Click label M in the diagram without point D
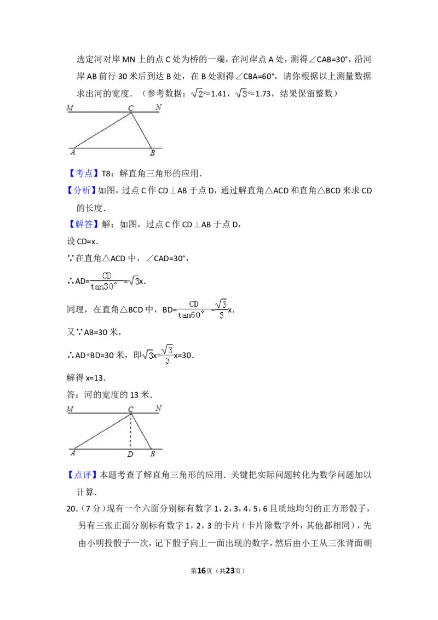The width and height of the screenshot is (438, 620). pyautogui.click(x=70, y=107)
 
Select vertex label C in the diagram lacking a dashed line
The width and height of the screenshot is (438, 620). pyautogui.click(x=131, y=108)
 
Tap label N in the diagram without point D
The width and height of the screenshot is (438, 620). pyautogui.click(x=158, y=107)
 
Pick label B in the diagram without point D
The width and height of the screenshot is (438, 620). pyautogui.click(x=152, y=153)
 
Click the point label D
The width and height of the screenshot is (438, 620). pyautogui.click(x=130, y=455)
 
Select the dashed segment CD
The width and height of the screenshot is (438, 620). pyautogui.click(x=131, y=432)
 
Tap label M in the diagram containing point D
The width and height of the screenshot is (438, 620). pyautogui.click(x=70, y=409)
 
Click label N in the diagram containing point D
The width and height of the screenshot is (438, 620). pyautogui.click(x=158, y=408)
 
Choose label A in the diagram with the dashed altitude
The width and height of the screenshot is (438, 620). pyautogui.click(x=73, y=453)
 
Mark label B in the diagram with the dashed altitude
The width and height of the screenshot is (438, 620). pyautogui.click(x=152, y=454)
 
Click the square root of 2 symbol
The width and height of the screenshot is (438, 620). pyautogui.click(x=197, y=94)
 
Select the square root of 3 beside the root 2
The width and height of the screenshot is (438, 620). pyautogui.click(x=240, y=94)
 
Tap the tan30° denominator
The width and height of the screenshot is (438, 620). pyautogui.click(x=104, y=286)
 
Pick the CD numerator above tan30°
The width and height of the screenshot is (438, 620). pyautogui.click(x=107, y=276)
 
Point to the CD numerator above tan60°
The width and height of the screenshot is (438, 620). pyautogui.click(x=194, y=304)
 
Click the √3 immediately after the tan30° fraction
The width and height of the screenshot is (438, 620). pyautogui.click(x=134, y=280)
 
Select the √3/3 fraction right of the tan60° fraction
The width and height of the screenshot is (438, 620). pyautogui.click(x=221, y=308)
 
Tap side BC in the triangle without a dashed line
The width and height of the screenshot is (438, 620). pyautogui.click(x=141, y=130)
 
